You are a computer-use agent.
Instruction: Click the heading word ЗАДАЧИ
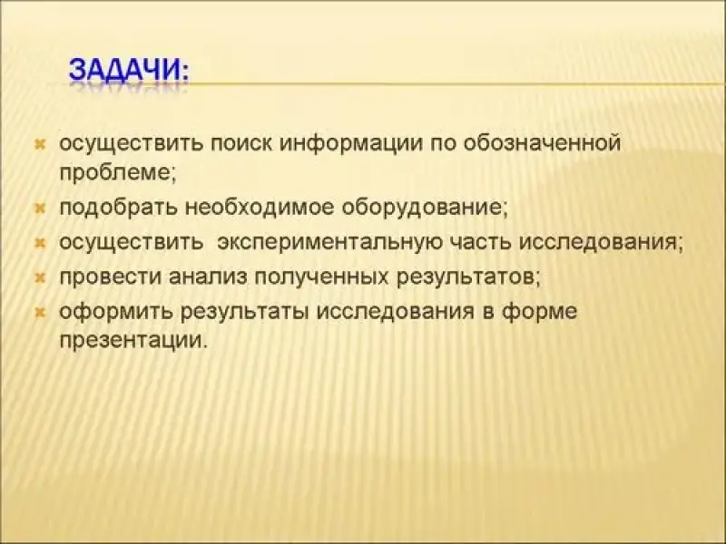tap(125, 70)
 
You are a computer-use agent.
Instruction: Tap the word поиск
tap(241, 143)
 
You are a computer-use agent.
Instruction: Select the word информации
tap(351, 145)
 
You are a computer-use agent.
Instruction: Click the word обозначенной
tap(542, 143)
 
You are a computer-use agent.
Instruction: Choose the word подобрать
tap(118, 208)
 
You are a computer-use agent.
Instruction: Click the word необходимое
tap(260, 208)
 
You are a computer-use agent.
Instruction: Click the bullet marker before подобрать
tap(40, 209)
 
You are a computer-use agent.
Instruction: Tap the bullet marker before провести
tap(40, 278)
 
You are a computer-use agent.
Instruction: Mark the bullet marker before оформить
tap(40, 313)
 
